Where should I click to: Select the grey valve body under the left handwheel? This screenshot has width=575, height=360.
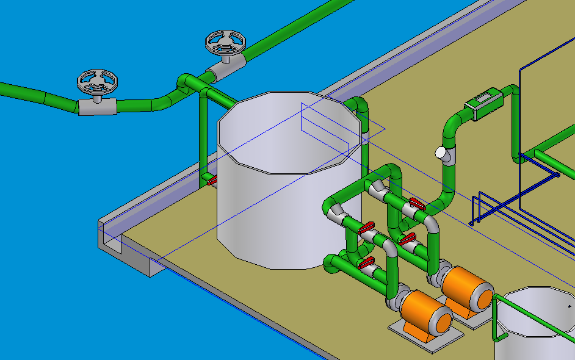(96, 107)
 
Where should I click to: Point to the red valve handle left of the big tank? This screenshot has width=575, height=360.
(212, 181)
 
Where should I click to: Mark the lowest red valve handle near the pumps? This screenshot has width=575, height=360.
(366, 263)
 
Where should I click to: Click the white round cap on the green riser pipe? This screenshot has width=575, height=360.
(439, 152)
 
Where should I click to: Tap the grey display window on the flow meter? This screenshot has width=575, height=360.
(485, 98)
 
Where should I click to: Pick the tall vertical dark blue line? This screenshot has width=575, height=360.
(519, 122)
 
